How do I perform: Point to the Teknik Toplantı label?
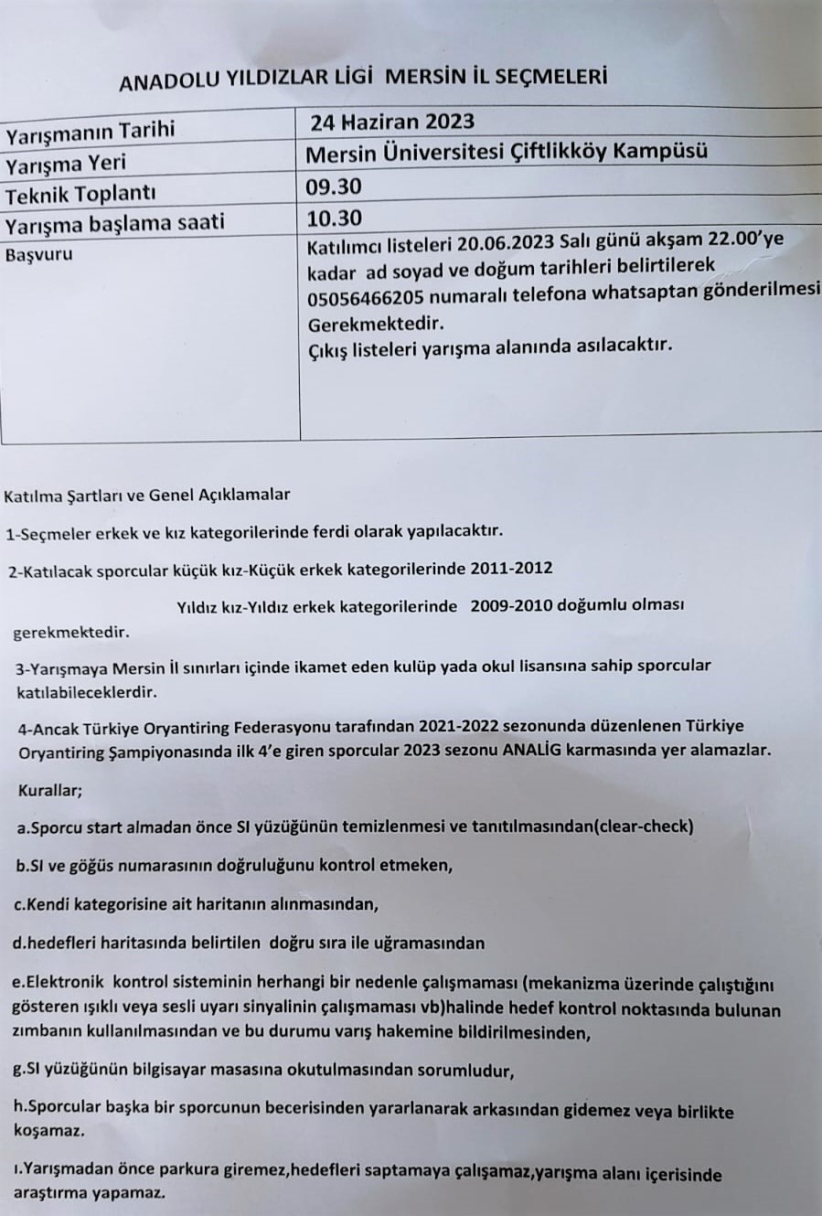tap(80, 194)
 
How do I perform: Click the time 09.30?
tap(336, 187)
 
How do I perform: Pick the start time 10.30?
tap(336, 218)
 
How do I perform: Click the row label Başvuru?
tap(38, 255)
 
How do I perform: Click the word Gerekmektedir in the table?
tap(375, 324)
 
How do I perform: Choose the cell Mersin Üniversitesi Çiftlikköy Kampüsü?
tap(507, 153)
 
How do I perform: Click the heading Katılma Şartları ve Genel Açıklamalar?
tap(147, 496)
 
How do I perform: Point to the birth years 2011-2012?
tap(511, 568)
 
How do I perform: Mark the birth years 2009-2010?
tap(511, 604)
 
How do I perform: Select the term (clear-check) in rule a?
tap(644, 827)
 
